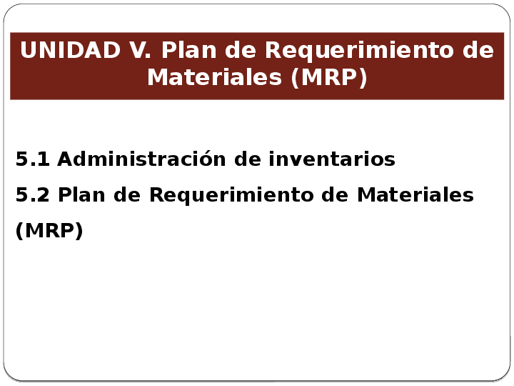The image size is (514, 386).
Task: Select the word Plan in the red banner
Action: point(186,51)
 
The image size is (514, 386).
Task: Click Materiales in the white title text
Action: point(215,77)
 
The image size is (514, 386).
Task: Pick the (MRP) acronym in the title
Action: point(329,77)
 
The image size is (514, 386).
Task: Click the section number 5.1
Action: point(33,159)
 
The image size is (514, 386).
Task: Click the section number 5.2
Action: point(33,194)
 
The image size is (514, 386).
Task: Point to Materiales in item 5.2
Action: point(415,194)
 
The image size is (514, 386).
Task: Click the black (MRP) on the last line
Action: point(49,231)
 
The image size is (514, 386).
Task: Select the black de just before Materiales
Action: point(341,194)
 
